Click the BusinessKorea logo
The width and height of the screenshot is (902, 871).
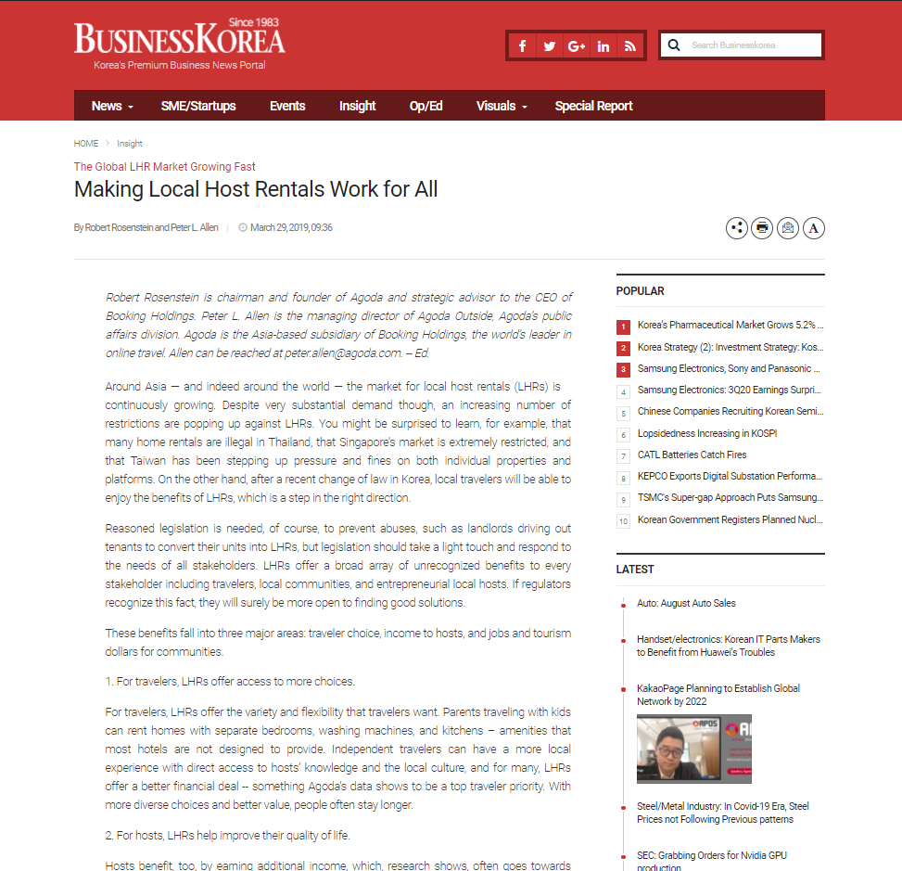(180, 40)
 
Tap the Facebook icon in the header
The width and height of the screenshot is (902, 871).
(523, 45)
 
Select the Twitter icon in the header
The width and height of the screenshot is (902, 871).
(550, 45)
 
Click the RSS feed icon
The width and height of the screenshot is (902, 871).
(630, 45)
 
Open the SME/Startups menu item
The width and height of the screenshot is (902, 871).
(198, 106)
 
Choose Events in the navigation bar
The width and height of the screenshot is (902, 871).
(287, 106)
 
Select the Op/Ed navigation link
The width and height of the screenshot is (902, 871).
(426, 106)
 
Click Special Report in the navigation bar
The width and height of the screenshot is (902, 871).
(593, 106)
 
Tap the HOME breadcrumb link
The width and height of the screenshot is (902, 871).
(86, 144)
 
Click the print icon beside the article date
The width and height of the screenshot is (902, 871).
(762, 227)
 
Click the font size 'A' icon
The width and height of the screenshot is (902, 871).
(814, 227)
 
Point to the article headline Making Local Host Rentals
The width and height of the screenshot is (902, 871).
(256, 190)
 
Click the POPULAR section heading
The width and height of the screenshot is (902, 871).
(641, 291)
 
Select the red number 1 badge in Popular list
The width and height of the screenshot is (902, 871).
(624, 327)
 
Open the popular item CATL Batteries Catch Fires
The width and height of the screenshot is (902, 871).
(692, 455)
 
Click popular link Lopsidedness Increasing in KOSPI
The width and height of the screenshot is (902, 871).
(705, 433)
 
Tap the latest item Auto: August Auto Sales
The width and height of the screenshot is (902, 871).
(686, 603)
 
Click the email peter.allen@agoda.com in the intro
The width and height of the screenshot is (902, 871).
(343, 352)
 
